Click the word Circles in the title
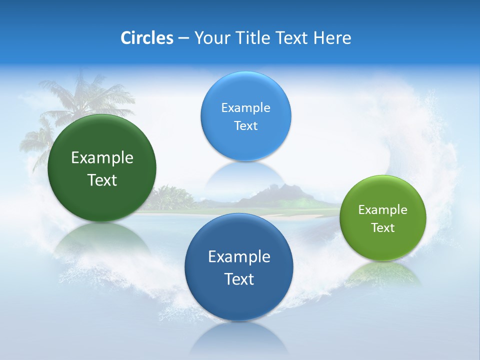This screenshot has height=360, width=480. coord(146,38)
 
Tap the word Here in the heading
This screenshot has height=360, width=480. coord(332,38)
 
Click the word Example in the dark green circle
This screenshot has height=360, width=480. coord(102,158)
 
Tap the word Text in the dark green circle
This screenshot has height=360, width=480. coord(102,180)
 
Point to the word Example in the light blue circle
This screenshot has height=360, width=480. coord(245,108)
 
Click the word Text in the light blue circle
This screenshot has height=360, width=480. coord(245,126)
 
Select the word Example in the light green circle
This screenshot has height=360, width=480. coord(382,210)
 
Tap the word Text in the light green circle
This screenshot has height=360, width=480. coord(382,228)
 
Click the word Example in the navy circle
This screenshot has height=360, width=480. coord(239,257)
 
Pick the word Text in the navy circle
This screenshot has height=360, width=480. coord(239,279)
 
